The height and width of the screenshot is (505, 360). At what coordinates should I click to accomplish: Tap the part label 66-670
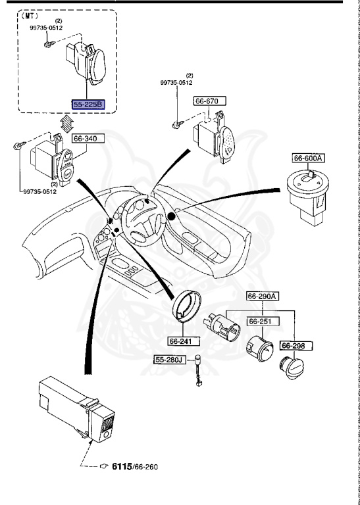point(209,101)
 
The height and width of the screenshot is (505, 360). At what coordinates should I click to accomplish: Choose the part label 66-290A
point(263,297)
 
